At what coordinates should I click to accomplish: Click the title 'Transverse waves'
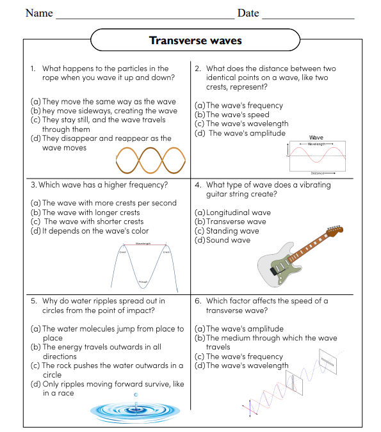point(195,40)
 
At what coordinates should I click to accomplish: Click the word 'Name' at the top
point(39,13)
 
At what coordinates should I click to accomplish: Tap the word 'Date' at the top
point(248,13)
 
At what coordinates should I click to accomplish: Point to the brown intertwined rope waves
point(151,160)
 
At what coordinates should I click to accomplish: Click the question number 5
point(33,301)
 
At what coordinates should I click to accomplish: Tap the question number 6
point(197,301)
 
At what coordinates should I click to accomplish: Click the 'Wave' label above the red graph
point(316,138)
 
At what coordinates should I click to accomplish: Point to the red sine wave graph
point(316,156)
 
